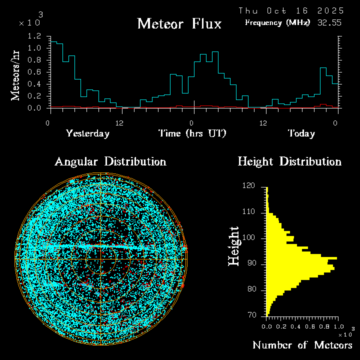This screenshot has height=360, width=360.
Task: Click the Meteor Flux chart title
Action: tap(179, 23)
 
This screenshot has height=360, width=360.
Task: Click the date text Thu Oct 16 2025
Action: tap(291, 10)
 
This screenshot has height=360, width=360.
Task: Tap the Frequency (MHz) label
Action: tap(277, 22)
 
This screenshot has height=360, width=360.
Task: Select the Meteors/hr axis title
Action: tap(16, 75)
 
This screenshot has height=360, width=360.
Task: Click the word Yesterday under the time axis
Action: tap(87, 133)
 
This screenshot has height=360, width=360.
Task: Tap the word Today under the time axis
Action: tap(301, 133)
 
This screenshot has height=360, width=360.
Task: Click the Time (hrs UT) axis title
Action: tap(192, 133)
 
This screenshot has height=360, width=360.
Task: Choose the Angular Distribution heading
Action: tap(110, 161)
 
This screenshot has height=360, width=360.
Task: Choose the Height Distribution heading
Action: tap(289, 161)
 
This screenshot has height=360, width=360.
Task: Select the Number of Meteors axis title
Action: tap(302, 345)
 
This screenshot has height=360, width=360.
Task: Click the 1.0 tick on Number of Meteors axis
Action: tap(337, 326)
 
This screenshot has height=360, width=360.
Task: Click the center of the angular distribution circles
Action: tap(101, 259)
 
